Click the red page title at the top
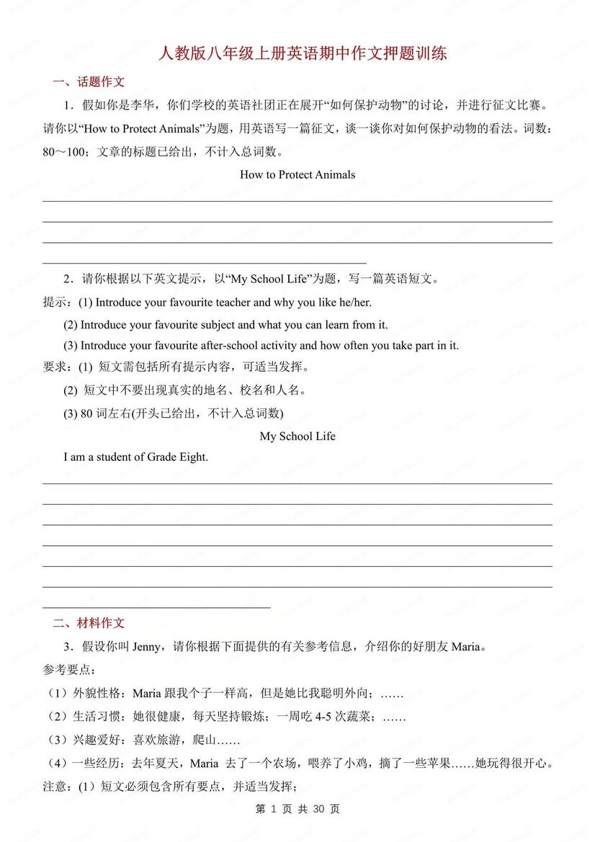click(x=297, y=54)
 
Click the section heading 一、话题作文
click(x=89, y=82)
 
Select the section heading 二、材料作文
click(x=89, y=623)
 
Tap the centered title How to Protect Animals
click(x=297, y=174)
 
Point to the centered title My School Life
click(x=297, y=436)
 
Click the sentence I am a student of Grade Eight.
click(x=135, y=457)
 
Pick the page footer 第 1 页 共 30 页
click(x=297, y=809)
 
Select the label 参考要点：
click(x=68, y=670)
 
